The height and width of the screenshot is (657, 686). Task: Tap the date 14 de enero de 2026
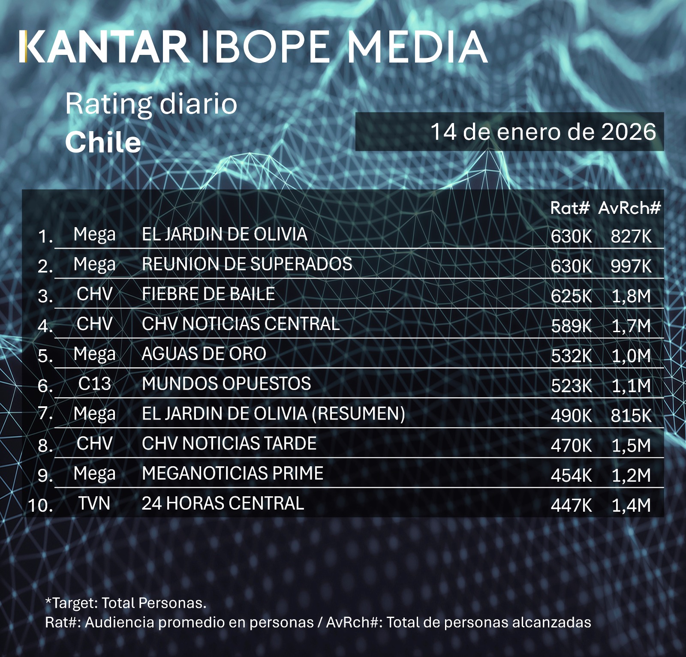tap(543, 132)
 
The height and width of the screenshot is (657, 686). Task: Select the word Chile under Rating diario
tap(103, 142)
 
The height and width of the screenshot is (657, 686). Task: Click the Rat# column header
tap(570, 208)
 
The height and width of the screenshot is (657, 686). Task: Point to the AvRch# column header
tap(629, 208)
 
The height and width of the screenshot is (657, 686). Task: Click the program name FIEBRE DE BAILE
tap(208, 294)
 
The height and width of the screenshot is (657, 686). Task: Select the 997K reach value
tap(631, 266)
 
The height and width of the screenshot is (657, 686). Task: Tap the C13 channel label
tap(94, 384)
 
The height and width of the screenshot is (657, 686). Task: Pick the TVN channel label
tap(94, 503)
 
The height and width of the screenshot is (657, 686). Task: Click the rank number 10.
tap(40, 505)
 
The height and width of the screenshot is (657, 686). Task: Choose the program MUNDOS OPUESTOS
tap(226, 384)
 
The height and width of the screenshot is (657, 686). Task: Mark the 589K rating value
tap(571, 326)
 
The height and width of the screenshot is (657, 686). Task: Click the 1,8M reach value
tap(631, 296)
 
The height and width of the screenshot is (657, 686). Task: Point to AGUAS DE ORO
tap(204, 354)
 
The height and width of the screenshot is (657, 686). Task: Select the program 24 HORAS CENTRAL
tap(223, 503)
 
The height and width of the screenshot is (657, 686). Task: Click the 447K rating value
tap(571, 505)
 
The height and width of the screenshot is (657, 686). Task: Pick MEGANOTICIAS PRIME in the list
tap(232, 474)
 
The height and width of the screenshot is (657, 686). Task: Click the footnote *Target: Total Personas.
tap(126, 603)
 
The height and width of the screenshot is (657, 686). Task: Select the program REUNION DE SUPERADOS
tap(247, 264)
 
